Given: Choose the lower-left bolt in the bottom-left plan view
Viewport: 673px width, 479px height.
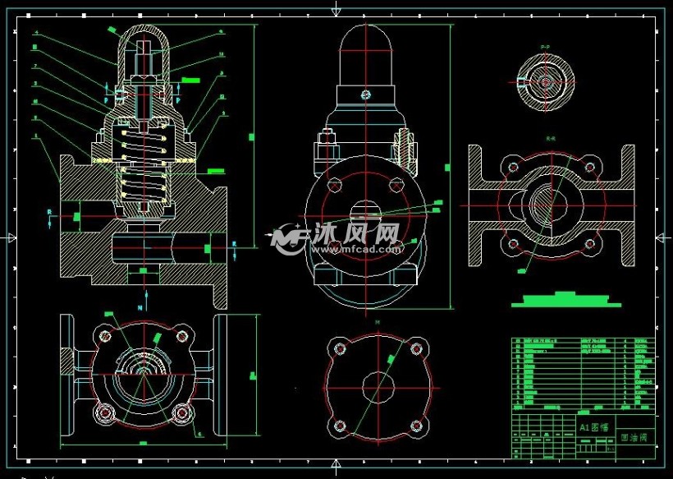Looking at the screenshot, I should click(104, 412).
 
